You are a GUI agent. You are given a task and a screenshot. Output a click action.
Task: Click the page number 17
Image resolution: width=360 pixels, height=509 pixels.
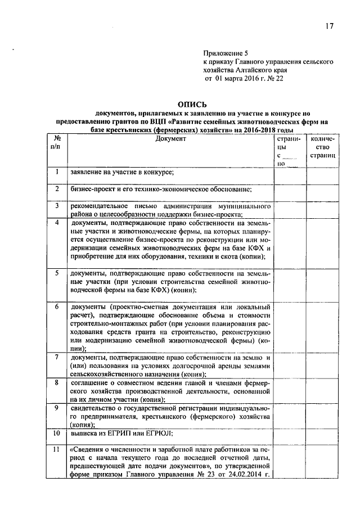pos(329,26)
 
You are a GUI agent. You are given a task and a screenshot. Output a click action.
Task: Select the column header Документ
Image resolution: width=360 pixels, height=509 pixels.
pos(170,138)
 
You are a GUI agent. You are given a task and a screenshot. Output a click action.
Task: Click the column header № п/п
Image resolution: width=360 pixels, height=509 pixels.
pos(57,142)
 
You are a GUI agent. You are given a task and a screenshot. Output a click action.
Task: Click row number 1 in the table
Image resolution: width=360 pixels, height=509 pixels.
pos(57,172)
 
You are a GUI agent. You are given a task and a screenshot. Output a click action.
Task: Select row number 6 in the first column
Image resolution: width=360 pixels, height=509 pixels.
pos(57,307)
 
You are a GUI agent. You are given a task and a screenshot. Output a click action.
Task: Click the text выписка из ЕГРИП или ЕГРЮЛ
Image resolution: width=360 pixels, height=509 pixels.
pos(121,434)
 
